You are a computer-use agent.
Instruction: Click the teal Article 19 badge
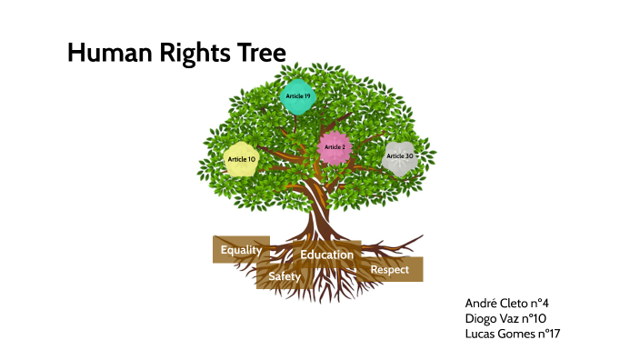[x=298, y=96]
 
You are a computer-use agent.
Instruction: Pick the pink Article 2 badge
[x=335, y=147]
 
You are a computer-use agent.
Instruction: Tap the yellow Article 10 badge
[x=242, y=159]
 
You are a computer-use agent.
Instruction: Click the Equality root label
[x=241, y=249]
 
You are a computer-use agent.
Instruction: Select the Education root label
[x=326, y=255]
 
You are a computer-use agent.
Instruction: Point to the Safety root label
[x=284, y=275]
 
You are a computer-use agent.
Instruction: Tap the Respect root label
[x=389, y=269]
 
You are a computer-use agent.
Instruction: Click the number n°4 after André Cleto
[x=540, y=303]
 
